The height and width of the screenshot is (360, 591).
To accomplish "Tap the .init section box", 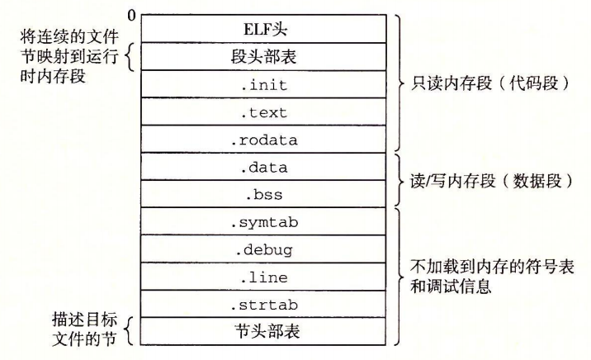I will [x=263, y=83].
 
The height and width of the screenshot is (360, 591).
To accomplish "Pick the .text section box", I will [x=263, y=111].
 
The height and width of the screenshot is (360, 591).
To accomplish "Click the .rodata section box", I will [x=263, y=140].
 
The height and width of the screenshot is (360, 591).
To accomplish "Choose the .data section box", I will [x=263, y=167].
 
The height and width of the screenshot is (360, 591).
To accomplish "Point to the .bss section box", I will [x=263, y=195].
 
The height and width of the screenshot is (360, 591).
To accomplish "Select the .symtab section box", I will [x=263, y=222].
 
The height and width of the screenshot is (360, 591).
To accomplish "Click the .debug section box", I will [x=263, y=249].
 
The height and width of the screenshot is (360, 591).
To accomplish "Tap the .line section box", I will [x=263, y=277].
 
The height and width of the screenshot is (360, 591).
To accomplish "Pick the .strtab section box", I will [x=263, y=305].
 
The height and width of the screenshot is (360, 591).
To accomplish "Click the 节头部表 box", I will [x=263, y=332].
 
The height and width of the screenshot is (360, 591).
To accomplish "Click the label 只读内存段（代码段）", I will [x=482, y=83].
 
